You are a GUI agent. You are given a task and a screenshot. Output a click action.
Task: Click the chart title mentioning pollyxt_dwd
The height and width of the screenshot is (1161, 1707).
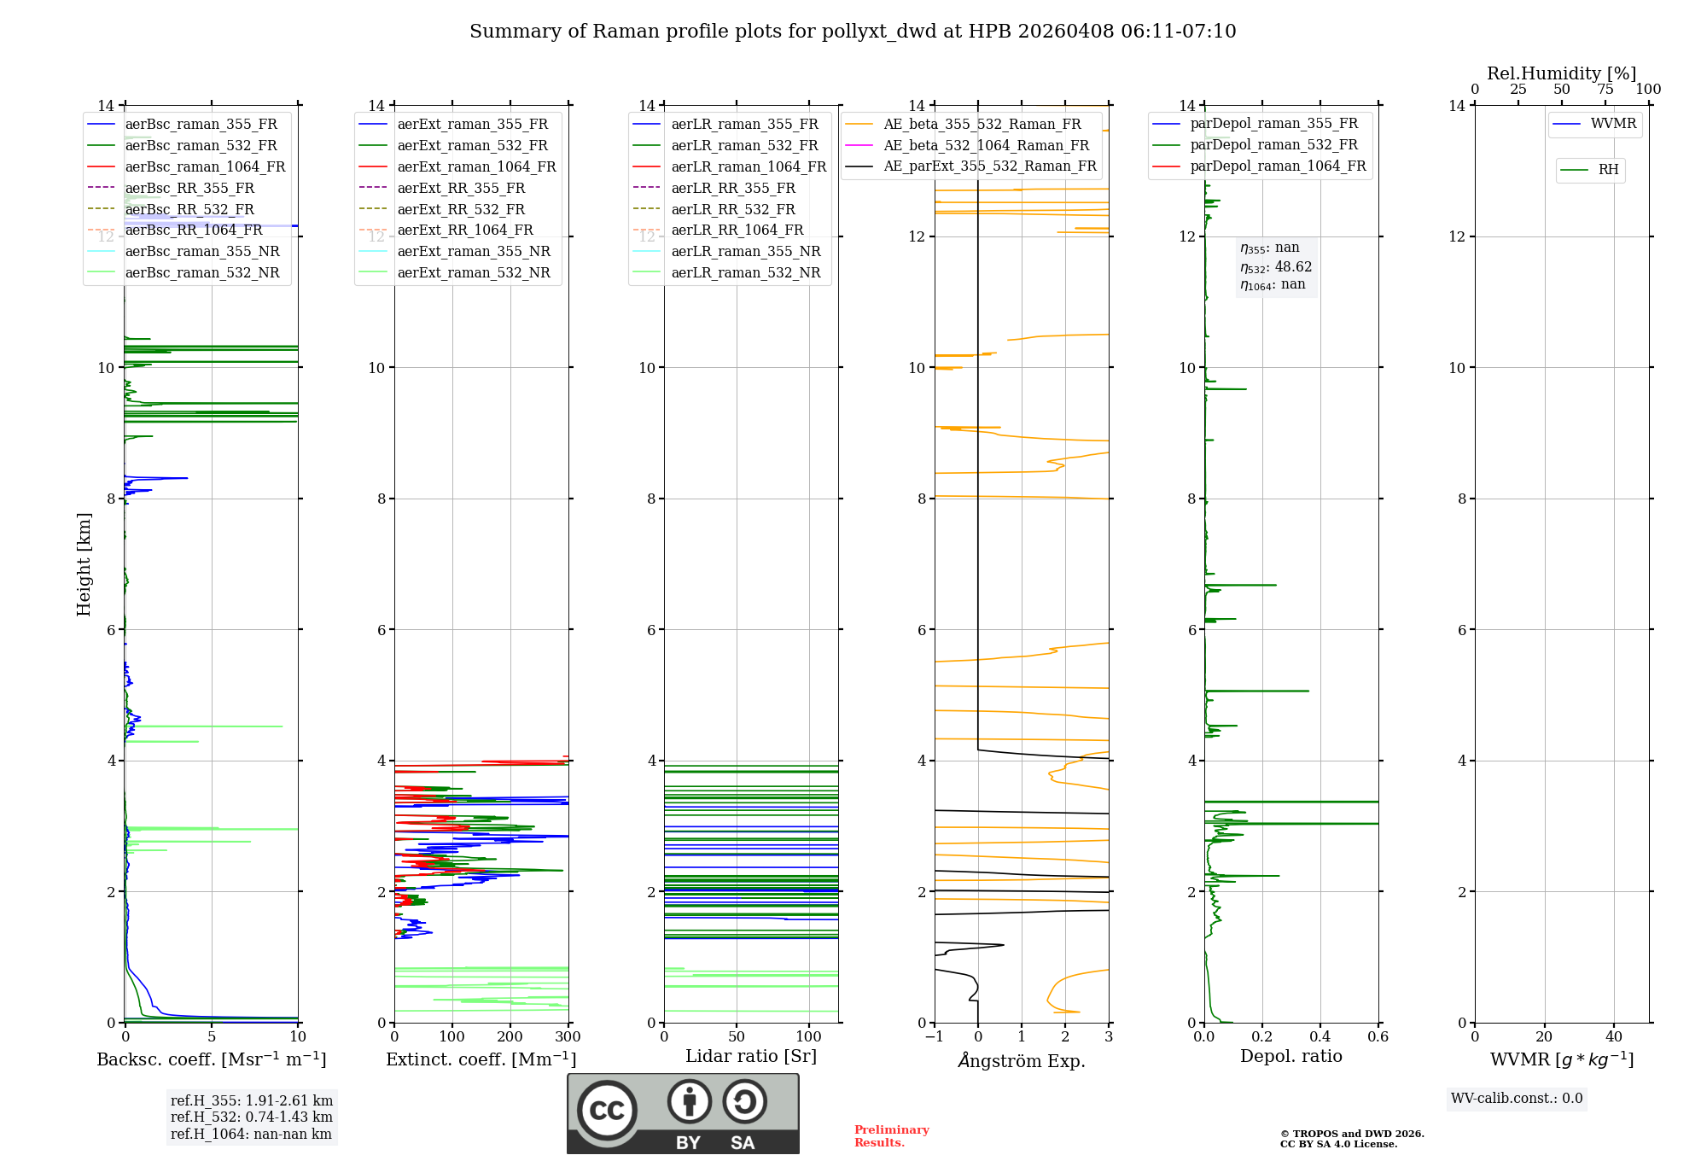pyautogui.click(x=853, y=32)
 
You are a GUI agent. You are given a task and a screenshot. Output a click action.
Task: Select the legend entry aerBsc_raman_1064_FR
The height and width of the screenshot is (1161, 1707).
pyautogui.click(x=205, y=166)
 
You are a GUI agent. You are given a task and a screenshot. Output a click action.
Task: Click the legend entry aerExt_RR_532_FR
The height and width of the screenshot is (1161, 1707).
pyautogui.click(x=461, y=209)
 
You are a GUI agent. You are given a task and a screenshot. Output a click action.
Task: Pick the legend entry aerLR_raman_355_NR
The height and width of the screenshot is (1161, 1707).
pyautogui.click(x=745, y=251)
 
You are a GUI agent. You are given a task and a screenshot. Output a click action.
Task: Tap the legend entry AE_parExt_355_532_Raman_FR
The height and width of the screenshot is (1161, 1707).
pyautogui.click(x=989, y=166)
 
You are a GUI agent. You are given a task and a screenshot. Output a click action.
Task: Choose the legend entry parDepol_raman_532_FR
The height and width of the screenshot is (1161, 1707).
pyautogui.click(x=1273, y=145)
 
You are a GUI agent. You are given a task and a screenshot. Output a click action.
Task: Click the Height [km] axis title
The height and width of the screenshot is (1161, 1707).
pyautogui.click(x=84, y=564)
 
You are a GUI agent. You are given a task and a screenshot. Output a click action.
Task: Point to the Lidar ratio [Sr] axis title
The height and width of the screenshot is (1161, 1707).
pyautogui.click(x=751, y=1056)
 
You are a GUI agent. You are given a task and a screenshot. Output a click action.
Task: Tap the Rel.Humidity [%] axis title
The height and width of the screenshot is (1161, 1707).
pyautogui.click(x=1562, y=73)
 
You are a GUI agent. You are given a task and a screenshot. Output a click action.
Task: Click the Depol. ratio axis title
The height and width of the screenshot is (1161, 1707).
pyautogui.click(x=1291, y=1056)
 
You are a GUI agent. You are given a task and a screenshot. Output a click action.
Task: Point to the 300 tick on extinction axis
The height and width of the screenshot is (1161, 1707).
pyautogui.click(x=568, y=1037)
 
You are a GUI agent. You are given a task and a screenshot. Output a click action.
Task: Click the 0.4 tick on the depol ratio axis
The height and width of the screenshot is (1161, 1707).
pyautogui.click(x=1320, y=1037)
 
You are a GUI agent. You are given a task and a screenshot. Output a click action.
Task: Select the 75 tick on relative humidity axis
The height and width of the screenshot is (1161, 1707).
pyautogui.click(x=1605, y=90)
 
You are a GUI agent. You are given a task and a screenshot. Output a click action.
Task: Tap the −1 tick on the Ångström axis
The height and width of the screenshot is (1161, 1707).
pyautogui.click(x=935, y=1037)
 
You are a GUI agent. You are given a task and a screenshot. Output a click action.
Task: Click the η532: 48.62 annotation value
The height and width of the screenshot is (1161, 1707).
pyautogui.click(x=1276, y=266)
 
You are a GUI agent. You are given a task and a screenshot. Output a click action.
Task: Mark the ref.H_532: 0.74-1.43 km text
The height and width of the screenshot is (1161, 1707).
pyautogui.click(x=252, y=1117)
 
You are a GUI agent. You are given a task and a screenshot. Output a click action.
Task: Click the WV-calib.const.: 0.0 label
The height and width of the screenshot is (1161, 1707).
pyautogui.click(x=1517, y=1099)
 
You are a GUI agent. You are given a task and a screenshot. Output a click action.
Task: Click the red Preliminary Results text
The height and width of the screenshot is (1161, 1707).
pyautogui.click(x=891, y=1136)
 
